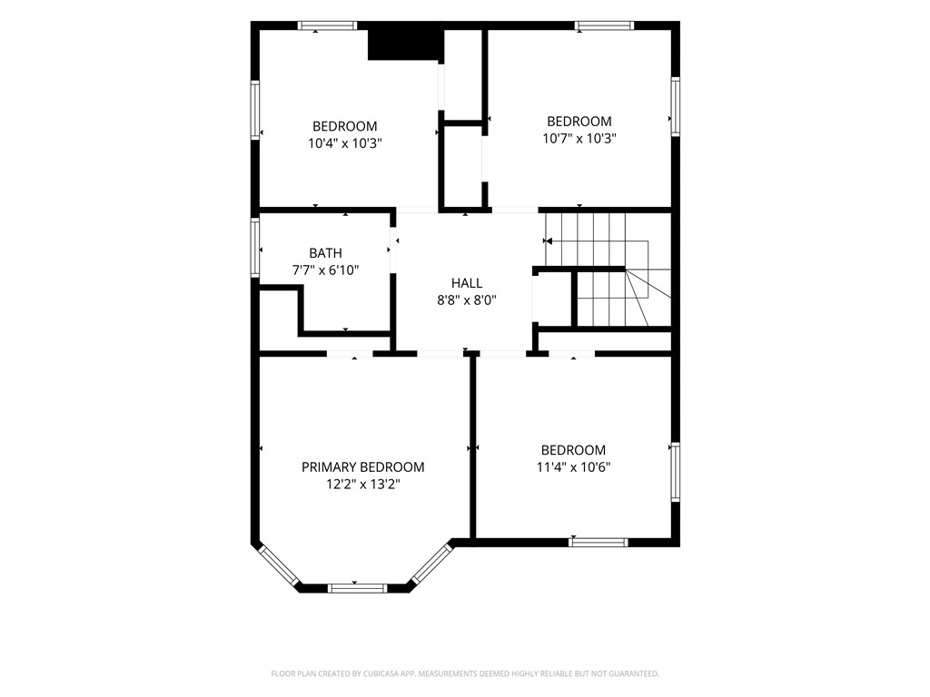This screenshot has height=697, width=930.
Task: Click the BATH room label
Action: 325,253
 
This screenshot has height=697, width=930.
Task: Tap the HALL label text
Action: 467,283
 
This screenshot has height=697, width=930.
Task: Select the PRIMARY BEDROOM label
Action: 363,467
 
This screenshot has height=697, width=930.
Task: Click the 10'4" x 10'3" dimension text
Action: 344,143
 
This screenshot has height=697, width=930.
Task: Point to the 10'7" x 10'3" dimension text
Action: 579,139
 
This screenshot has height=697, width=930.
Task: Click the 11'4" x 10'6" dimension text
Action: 574,467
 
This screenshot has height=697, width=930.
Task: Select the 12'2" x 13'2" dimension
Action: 363,485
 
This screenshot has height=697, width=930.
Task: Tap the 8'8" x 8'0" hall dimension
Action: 467,300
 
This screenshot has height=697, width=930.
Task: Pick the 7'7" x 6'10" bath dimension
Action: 325,270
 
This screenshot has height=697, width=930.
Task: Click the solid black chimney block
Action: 405,43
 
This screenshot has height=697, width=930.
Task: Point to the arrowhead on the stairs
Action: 548,241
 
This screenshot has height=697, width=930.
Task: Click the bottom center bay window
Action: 357,588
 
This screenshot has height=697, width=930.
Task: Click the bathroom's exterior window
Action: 255,248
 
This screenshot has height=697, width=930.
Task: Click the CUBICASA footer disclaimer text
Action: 465,674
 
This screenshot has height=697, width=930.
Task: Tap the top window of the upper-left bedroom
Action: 327,25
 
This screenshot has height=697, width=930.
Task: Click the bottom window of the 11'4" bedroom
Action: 598,542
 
